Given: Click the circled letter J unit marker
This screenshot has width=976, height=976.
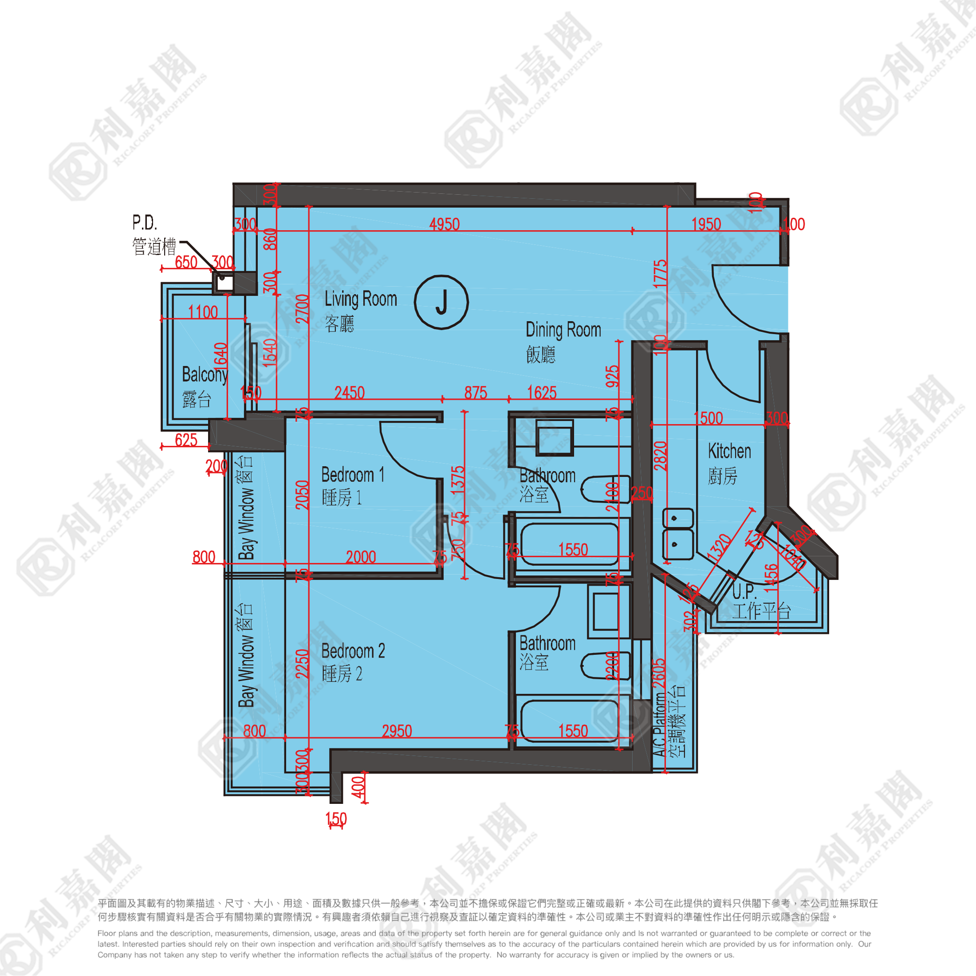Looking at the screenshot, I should coord(441,302).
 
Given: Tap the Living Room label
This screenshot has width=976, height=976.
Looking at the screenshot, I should coord(360,299).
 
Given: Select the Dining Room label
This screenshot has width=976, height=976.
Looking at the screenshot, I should coord(563,330).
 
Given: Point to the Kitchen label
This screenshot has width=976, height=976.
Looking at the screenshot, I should coord(729,451).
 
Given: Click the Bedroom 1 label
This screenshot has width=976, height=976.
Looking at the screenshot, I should coord(353,475).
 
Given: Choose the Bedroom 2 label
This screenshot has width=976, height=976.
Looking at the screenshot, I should coord(353,651).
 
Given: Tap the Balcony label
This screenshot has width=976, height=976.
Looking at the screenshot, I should coord(205,375).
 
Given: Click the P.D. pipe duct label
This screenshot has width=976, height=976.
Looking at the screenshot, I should coord(145,223).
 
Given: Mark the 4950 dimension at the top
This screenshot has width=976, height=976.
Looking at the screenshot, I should coord(444,224).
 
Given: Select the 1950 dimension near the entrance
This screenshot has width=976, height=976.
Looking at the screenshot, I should coord(706,224).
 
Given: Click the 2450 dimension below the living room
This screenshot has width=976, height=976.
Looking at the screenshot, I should coord(349,392).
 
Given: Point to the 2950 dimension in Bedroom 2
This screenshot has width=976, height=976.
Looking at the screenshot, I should coord(397,731).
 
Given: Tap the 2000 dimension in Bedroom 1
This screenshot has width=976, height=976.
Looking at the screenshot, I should coord(361,557).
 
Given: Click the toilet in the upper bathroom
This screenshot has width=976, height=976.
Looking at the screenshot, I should coord(605,489).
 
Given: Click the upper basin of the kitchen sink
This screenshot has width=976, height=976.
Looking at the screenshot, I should coord(677,518).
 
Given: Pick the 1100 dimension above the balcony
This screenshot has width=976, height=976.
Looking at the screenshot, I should coord(203,312).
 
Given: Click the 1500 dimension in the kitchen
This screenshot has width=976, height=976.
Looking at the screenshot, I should coord(708,418).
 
